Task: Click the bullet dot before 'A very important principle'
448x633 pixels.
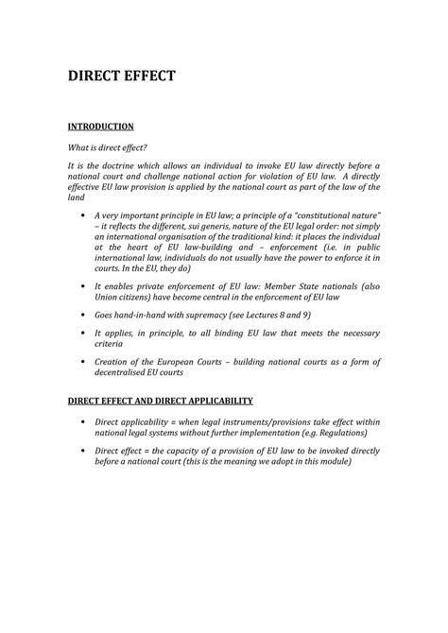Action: tap(86, 214)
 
